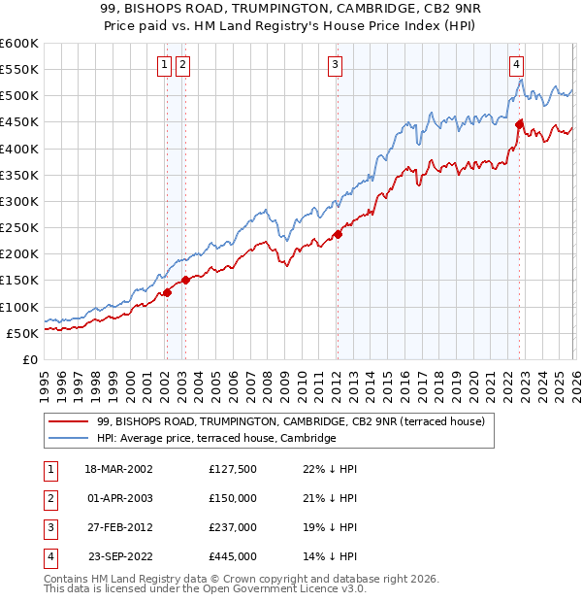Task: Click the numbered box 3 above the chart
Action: pyautogui.click(x=335, y=65)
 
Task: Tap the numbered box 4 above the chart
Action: pyautogui.click(x=517, y=65)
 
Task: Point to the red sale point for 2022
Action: pyautogui.click(x=520, y=124)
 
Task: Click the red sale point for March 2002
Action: pyautogui.click(x=167, y=291)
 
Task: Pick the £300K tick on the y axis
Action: pyautogui.click(x=19, y=201)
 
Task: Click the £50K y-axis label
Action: pyautogui.click(x=22, y=333)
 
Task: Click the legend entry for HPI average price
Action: pyautogui.click(x=216, y=438)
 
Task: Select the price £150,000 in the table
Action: pyautogui.click(x=232, y=498)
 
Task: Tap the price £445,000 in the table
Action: pyautogui.click(x=232, y=556)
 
